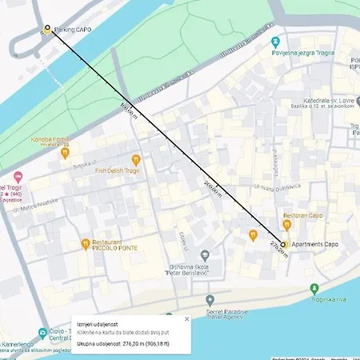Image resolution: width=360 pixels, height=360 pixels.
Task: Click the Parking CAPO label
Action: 74,30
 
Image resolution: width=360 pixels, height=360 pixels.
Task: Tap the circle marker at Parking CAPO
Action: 46,29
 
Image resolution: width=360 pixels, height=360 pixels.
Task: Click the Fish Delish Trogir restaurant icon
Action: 136,160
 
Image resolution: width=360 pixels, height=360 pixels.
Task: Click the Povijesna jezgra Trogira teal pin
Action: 276,42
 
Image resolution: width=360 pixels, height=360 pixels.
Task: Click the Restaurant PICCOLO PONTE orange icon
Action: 84,244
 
